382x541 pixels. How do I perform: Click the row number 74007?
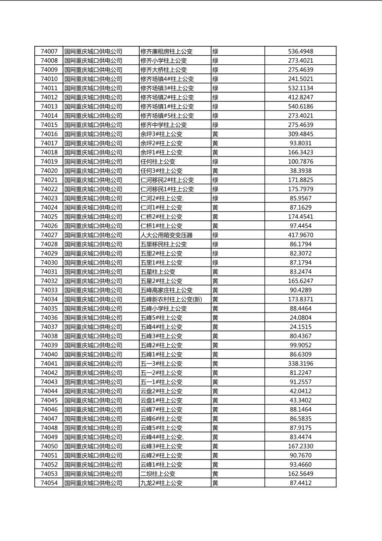[x=49, y=51]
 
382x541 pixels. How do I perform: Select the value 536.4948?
[x=300, y=51]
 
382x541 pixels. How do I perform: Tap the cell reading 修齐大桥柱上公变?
[x=164, y=70]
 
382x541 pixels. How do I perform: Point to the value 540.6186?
[x=300, y=106]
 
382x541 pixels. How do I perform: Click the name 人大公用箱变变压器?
[x=167, y=235]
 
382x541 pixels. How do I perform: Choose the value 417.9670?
[x=300, y=235]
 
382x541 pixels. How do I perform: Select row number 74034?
[x=49, y=299]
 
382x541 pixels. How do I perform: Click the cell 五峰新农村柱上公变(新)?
[x=171, y=299]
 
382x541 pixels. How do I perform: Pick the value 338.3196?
[x=300, y=364]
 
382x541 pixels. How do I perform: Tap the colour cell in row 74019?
[x=215, y=162]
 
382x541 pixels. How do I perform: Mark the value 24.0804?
[x=300, y=318]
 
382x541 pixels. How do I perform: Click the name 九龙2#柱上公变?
[x=161, y=483]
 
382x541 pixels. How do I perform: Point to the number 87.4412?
[x=300, y=483]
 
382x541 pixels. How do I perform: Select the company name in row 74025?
[x=93, y=217]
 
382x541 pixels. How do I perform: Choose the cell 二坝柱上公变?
[x=158, y=474]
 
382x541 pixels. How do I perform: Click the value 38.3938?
[x=300, y=171]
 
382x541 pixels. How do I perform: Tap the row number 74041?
[x=49, y=364]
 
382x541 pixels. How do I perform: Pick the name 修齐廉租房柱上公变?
[x=167, y=51]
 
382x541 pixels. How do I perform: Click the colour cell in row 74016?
[x=215, y=134]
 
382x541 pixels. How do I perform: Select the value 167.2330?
[x=300, y=446]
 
